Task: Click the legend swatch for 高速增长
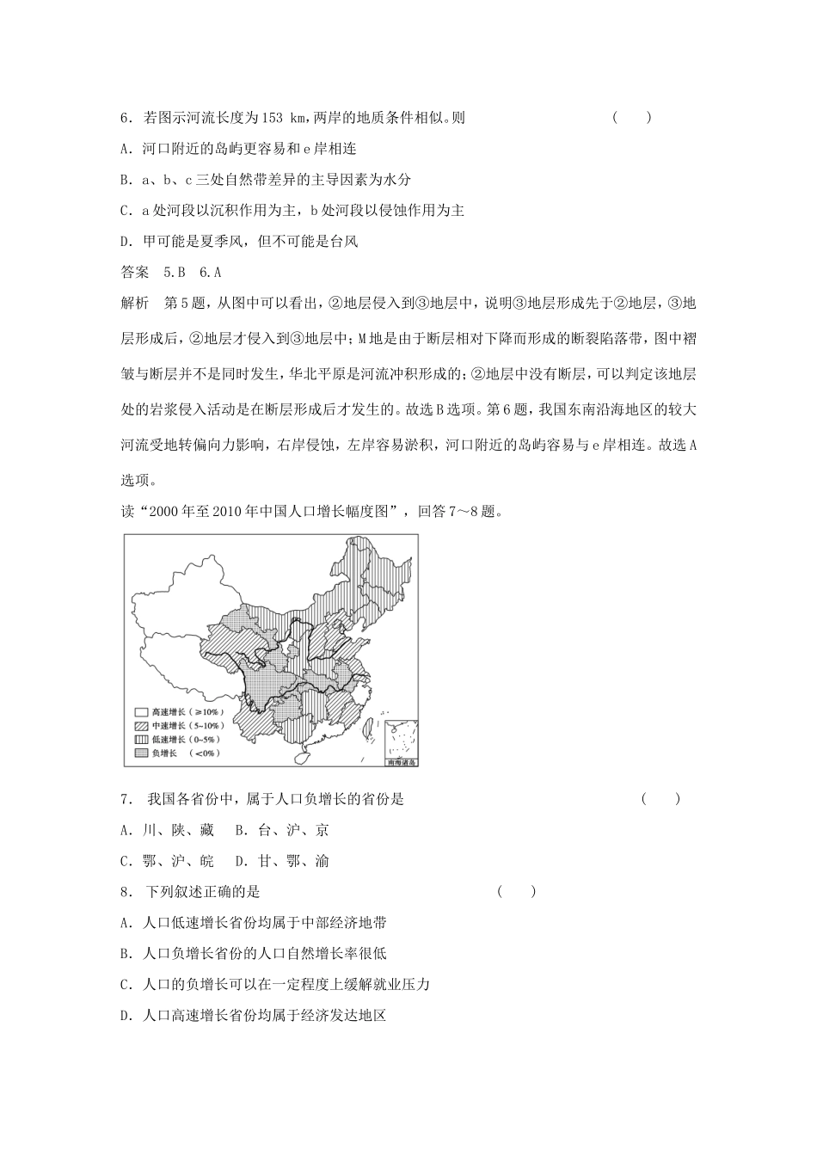[140, 712]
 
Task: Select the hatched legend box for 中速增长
[140, 726]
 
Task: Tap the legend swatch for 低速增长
[140, 740]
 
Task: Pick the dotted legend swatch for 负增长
[140, 753]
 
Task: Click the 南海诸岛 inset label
[401, 762]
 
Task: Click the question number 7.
[126, 799]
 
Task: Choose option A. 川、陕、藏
[167, 830]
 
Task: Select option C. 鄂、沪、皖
[167, 861]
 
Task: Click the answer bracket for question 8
[516, 892]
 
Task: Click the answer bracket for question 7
[660, 799]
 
